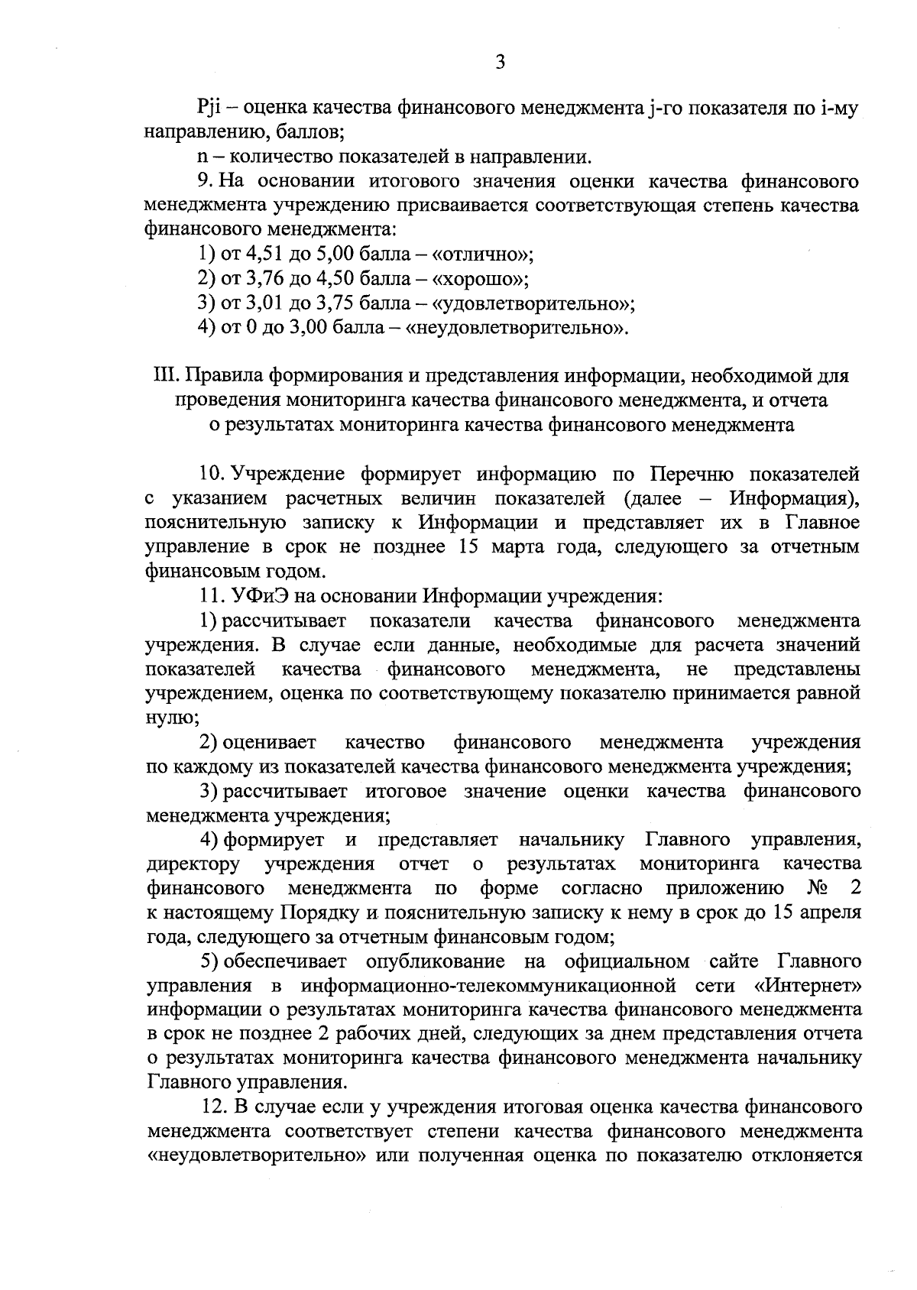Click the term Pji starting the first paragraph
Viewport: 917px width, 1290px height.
coord(209,109)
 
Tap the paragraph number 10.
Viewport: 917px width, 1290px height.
coord(210,475)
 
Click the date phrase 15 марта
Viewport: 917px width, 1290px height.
coord(489,547)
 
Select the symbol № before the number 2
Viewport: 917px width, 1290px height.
coord(815,888)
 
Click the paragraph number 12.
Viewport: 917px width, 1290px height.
coord(213,1107)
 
